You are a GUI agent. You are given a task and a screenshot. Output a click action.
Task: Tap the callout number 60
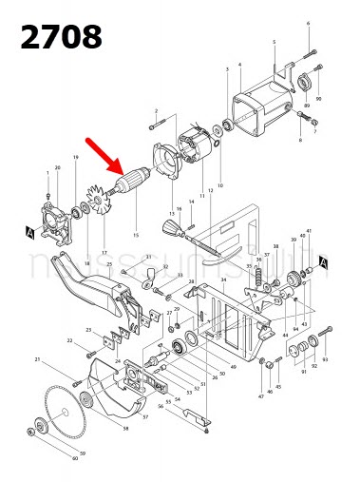point(75,458)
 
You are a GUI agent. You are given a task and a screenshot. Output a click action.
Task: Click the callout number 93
point(325,360)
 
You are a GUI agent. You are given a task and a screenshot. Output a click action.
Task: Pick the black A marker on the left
point(32,231)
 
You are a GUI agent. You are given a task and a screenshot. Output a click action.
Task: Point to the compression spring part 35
point(257,275)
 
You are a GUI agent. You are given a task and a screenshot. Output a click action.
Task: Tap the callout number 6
point(308,22)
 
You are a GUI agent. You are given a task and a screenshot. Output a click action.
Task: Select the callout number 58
point(125,430)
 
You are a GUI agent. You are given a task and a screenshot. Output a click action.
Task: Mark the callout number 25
point(109,263)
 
